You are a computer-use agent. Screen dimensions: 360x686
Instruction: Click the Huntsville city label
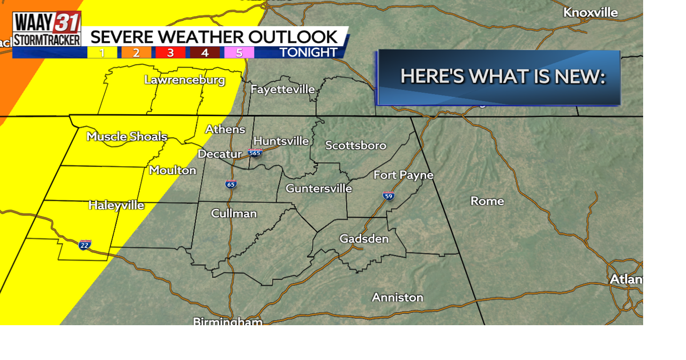coord(281,141)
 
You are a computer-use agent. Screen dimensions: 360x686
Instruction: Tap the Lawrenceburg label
coord(184,80)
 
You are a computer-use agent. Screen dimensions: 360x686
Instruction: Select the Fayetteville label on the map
coord(282,89)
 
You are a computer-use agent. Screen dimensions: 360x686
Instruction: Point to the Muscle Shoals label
coord(127,137)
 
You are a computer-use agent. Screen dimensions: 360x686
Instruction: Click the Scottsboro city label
coord(355,145)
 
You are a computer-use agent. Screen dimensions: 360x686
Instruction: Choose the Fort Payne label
coord(403,175)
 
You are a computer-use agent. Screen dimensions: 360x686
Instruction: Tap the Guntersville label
coord(318,189)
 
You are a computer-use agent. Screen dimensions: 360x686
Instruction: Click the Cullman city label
coord(234,213)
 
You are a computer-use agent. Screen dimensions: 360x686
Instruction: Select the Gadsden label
coord(364,238)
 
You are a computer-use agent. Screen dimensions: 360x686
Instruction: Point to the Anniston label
coord(397,297)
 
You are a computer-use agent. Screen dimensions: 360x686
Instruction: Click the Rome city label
coord(487,201)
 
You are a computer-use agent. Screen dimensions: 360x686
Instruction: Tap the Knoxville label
coord(590,12)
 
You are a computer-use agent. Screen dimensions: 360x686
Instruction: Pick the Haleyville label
coord(116,205)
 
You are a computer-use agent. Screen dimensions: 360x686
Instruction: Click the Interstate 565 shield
coord(255,153)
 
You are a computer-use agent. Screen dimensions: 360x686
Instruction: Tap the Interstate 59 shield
coord(389,196)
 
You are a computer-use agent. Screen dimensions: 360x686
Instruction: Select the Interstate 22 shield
coord(85,245)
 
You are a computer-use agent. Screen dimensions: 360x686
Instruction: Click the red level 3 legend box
coord(170,52)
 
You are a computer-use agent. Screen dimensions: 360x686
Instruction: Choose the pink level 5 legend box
coord(238,52)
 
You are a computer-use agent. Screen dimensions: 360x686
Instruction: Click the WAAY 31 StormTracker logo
coord(47,29)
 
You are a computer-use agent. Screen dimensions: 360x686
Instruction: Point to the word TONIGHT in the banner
coord(308,52)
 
